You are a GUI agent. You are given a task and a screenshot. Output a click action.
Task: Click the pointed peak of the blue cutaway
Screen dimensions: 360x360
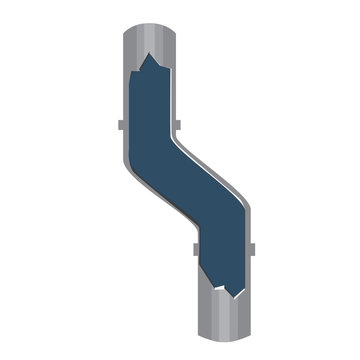pos(150,55)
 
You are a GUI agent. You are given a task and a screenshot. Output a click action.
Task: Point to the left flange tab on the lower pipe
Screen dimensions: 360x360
pos(192,246)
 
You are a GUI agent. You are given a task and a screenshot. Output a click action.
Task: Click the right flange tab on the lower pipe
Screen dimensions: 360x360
pos(253,246)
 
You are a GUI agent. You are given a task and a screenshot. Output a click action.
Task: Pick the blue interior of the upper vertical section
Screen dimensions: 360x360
pos(150,100)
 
